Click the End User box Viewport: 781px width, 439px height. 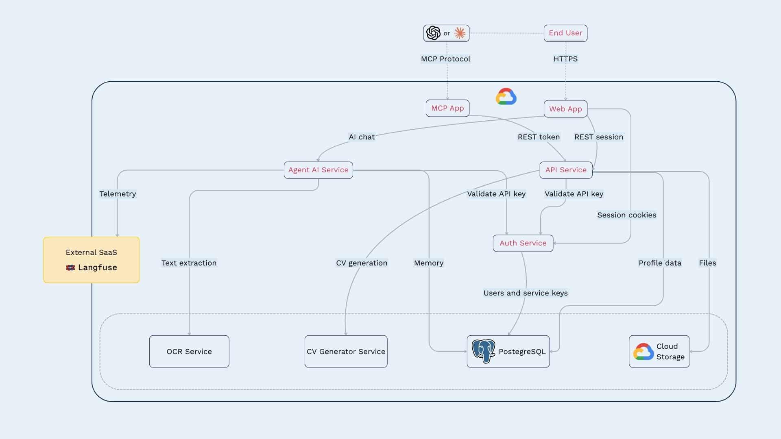point(565,33)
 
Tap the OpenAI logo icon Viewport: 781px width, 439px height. point(433,33)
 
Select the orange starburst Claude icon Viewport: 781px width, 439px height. point(460,33)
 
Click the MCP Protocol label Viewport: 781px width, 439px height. point(445,59)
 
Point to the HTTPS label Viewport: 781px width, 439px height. point(565,59)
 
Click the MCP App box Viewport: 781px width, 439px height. point(447,108)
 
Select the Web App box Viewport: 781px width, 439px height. point(565,109)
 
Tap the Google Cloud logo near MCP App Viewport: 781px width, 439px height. point(506,97)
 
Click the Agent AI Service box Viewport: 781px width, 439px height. point(318,170)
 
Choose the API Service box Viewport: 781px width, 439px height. point(566,170)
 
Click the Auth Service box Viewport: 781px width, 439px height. point(523,243)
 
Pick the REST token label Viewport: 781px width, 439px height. point(539,137)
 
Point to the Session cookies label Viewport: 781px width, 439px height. point(626,215)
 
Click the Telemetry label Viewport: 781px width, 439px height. point(118,194)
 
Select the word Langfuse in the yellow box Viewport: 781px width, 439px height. point(97,267)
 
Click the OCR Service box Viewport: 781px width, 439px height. point(189,352)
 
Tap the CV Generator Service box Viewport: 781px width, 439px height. point(346,352)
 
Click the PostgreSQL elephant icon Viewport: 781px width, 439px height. point(483,351)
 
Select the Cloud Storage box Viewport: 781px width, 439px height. point(659,352)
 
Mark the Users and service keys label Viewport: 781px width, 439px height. point(525,293)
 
